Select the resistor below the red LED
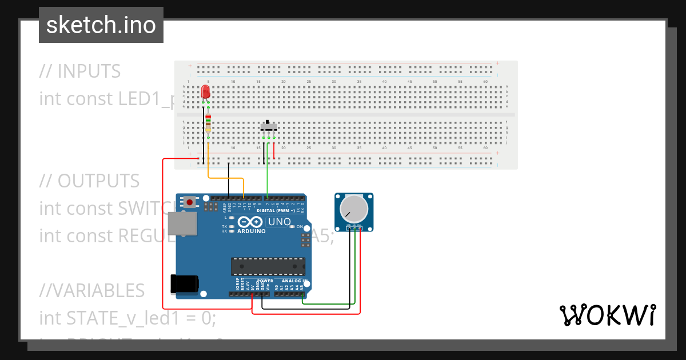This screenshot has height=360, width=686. click(208, 124)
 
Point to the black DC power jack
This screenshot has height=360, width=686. click(185, 284)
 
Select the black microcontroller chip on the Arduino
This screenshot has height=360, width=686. click(268, 266)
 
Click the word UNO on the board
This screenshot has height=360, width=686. click(280, 222)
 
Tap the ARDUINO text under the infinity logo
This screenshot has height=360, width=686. click(252, 231)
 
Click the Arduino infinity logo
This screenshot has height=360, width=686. click(251, 222)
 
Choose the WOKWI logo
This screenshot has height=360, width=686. click(607, 315)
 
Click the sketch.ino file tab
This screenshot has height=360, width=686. click(101, 25)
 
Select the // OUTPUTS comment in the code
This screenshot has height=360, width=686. click(89, 181)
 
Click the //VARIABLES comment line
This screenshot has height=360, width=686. click(91, 290)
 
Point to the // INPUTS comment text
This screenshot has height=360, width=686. click(80, 71)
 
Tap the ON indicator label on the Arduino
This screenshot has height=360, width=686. click(299, 227)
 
